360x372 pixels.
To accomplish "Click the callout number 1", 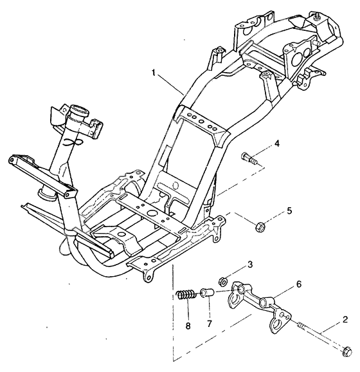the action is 154,72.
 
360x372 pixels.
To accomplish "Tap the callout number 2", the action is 345,320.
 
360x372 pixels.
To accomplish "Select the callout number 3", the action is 250,265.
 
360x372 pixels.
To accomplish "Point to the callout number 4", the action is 276,144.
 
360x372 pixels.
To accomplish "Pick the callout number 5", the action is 290,210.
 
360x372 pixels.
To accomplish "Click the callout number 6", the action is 299,284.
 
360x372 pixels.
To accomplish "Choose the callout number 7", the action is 209,323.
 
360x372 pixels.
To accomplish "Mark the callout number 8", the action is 188,326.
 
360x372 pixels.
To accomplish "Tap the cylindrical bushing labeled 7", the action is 208,293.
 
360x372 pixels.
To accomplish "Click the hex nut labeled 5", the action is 260,227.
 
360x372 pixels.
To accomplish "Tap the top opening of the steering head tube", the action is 80,109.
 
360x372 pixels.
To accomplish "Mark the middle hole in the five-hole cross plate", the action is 201,122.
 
